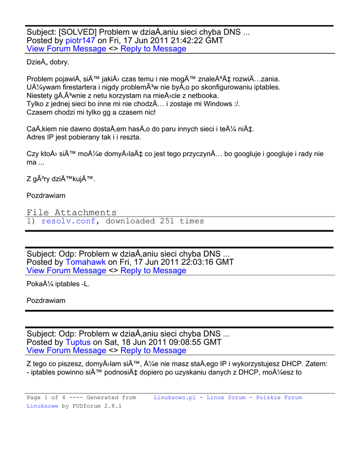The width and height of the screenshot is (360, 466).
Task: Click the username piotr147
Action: click(x=80, y=41)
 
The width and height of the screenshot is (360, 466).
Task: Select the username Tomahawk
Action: click(x=86, y=262)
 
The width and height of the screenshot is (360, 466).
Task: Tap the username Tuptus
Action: click(x=78, y=342)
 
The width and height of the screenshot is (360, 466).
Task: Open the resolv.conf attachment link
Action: click(x=68, y=221)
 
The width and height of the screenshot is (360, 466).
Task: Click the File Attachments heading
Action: click(x=71, y=213)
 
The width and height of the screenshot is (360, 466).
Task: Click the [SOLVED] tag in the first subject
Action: click(x=77, y=32)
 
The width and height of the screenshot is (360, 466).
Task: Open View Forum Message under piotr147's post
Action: click(x=66, y=49)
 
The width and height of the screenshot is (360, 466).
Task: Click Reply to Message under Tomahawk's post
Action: click(x=153, y=270)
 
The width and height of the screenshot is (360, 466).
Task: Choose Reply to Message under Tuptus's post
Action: click(x=153, y=350)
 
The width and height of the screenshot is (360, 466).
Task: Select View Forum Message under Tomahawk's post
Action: click(x=66, y=270)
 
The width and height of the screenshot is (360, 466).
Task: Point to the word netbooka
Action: click(x=204, y=96)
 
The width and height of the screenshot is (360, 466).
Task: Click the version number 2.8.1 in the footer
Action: click(x=112, y=406)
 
